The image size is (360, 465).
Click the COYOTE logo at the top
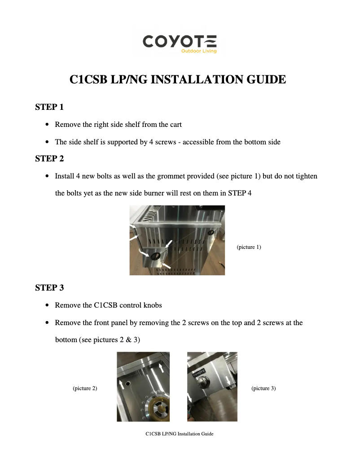pos(180,42)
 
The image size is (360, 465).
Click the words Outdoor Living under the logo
pos(199,51)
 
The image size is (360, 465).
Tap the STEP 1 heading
pos(49,107)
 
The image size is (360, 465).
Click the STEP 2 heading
pos(49,159)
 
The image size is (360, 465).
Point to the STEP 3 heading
pos(49,288)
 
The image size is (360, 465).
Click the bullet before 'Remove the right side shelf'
pos(48,125)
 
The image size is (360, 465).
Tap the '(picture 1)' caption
pos(248,247)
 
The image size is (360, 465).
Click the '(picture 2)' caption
pos(85,388)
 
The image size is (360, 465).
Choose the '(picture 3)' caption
pos(263,388)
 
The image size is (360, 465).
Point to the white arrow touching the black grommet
pos(145,254)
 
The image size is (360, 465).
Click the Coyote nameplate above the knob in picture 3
pos(200,372)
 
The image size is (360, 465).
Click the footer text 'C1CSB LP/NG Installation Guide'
pos(180,434)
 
